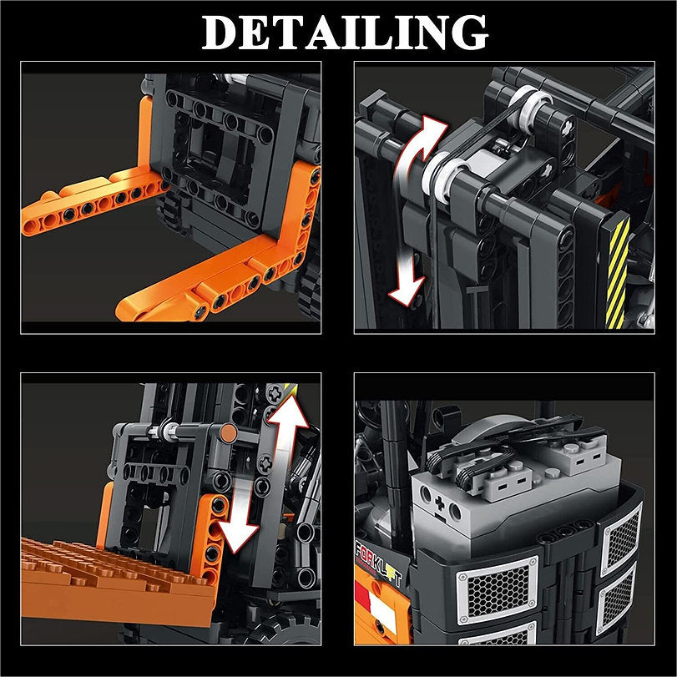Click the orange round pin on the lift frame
[x=227, y=432]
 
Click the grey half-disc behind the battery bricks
[x=493, y=431]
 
